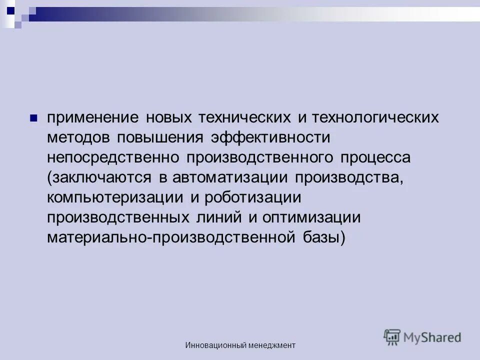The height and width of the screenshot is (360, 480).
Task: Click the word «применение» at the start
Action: point(92,118)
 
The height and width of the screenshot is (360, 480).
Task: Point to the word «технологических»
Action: point(375,118)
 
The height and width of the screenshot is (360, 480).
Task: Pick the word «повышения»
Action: point(160,138)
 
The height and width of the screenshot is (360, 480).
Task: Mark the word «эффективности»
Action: point(270,138)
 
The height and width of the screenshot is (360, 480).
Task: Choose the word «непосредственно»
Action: point(113,157)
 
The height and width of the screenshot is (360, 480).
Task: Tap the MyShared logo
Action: point(422,337)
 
